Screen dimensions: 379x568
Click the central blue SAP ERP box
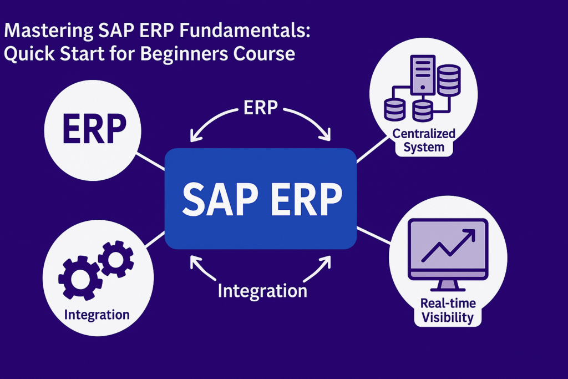261,198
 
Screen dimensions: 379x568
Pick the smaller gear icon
115,257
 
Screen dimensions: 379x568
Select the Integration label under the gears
97,315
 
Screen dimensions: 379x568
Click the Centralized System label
424,140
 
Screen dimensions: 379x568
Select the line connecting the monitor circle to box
373,234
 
